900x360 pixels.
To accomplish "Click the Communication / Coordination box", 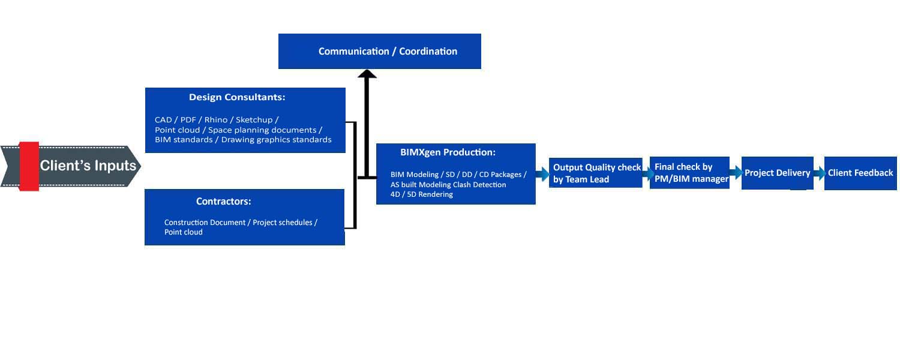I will [379, 51].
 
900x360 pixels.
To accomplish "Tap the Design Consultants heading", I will [237, 97].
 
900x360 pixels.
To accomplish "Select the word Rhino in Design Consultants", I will [216, 120].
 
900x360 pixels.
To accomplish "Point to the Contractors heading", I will [223, 202].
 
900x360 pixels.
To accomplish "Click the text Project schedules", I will [283, 223].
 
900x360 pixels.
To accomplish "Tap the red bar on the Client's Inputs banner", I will [29, 166].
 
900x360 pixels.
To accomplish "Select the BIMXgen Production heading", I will [448, 152].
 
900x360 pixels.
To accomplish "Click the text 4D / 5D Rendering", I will [422, 194].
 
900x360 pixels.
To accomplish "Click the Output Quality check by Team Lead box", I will [596, 173].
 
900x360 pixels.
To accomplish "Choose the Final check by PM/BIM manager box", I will [690, 173].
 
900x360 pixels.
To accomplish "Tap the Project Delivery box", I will [777, 173].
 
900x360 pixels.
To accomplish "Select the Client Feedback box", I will [860, 173].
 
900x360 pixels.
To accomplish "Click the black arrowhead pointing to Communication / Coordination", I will [367, 74].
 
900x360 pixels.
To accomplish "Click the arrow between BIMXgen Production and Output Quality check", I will [542, 175].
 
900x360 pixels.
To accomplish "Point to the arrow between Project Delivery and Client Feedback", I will [819, 173].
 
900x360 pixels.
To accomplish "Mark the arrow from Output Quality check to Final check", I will [647, 174].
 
